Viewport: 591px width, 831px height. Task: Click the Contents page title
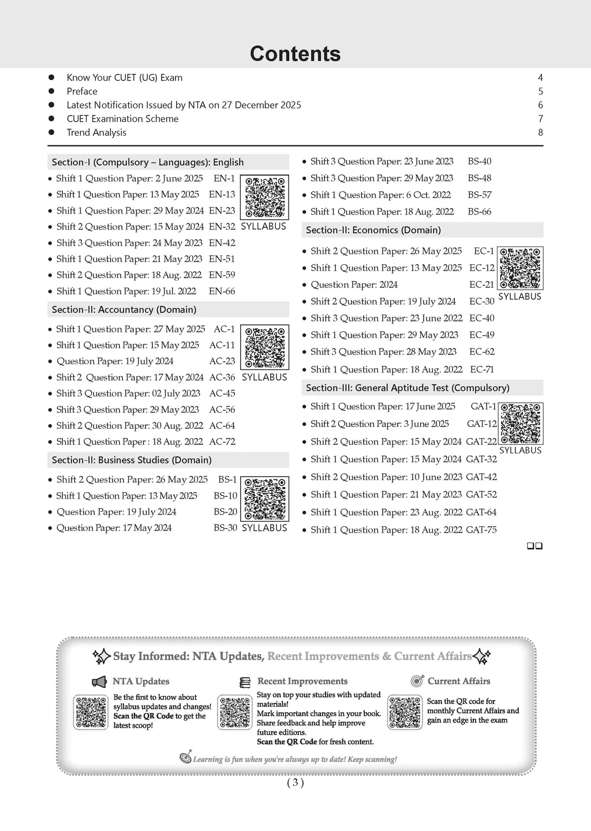pyautogui.click(x=295, y=54)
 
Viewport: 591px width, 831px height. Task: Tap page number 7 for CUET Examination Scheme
pyautogui.click(x=540, y=119)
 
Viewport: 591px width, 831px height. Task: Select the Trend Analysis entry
pyautogui.click(x=96, y=133)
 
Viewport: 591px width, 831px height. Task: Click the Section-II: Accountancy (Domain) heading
pyautogui.click(x=124, y=310)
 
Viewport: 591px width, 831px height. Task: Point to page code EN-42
pyautogui.click(x=222, y=243)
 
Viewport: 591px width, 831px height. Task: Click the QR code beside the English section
pyautogui.click(x=264, y=197)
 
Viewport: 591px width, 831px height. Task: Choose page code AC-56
pyautogui.click(x=222, y=410)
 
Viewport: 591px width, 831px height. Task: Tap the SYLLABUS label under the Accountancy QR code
pyautogui.click(x=264, y=377)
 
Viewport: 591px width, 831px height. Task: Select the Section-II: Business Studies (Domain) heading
pyautogui.click(x=132, y=461)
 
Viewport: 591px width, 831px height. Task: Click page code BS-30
pyautogui.click(x=225, y=528)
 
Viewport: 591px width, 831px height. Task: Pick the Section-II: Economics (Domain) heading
pyautogui.click(x=373, y=230)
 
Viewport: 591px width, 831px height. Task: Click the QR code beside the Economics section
pyautogui.click(x=520, y=268)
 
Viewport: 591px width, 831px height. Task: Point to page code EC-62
pyautogui.click(x=482, y=352)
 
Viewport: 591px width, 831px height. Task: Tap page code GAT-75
pyautogui.click(x=481, y=530)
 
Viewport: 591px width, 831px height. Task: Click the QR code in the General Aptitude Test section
pyautogui.click(x=521, y=424)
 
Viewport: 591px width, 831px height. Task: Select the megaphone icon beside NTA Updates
pyautogui.click(x=100, y=682)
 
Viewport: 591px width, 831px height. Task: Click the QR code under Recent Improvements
pyautogui.click(x=234, y=713)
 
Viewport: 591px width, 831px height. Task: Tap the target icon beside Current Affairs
pyautogui.click(x=417, y=681)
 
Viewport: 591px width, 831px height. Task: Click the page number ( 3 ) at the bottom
pyautogui.click(x=295, y=783)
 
